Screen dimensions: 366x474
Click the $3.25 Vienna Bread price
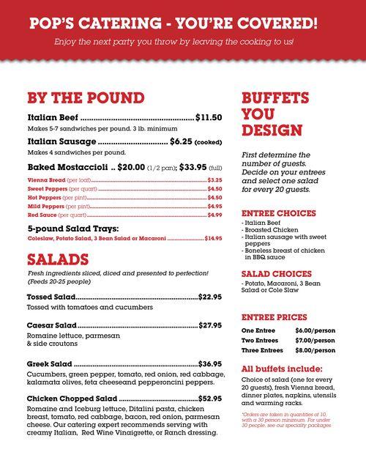214,179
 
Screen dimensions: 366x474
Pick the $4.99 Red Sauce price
214,215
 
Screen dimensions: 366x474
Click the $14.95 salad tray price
213,238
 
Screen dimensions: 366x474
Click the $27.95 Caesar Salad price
209,325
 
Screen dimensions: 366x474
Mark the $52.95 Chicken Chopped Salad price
209,399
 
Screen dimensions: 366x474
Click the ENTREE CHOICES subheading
279,213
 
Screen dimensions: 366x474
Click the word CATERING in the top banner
123,22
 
